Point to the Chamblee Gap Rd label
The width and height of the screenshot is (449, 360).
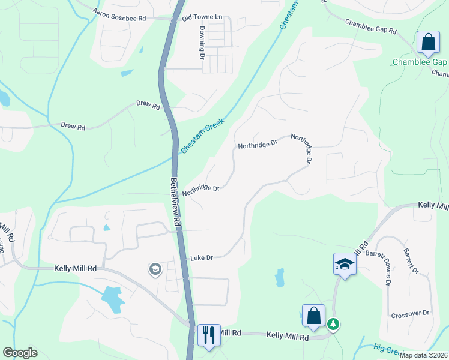click(x=370, y=26)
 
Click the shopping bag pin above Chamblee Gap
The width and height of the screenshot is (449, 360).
click(x=428, y=43)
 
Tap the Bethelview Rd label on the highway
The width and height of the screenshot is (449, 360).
click(x=175, y=201)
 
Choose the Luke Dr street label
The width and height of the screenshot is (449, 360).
click(x=202, y=257)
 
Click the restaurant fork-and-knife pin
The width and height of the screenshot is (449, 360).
click(x=208, y=334)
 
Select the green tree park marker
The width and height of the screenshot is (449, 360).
click(x=333, y=324)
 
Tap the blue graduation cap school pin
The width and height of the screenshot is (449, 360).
click(x=345, y=265)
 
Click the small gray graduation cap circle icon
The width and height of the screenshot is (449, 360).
click(x=155, y=270)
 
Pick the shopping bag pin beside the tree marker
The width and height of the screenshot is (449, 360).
click(x=313, y=316)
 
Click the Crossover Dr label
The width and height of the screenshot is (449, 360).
click(x=410, y=313)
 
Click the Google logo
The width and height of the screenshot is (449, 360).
click(x=20, y=353)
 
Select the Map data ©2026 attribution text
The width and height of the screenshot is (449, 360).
click(x=423, y=355)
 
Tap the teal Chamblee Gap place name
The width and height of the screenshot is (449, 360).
click(x=420, y=62)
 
